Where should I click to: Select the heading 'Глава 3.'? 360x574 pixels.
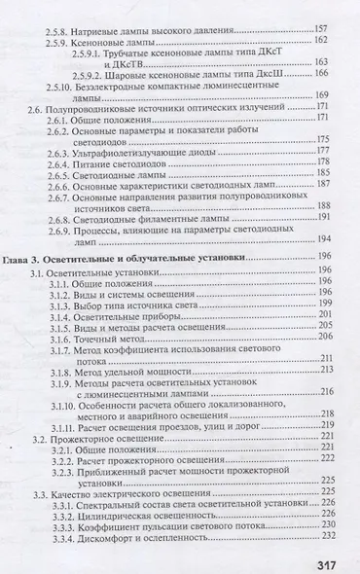24,261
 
